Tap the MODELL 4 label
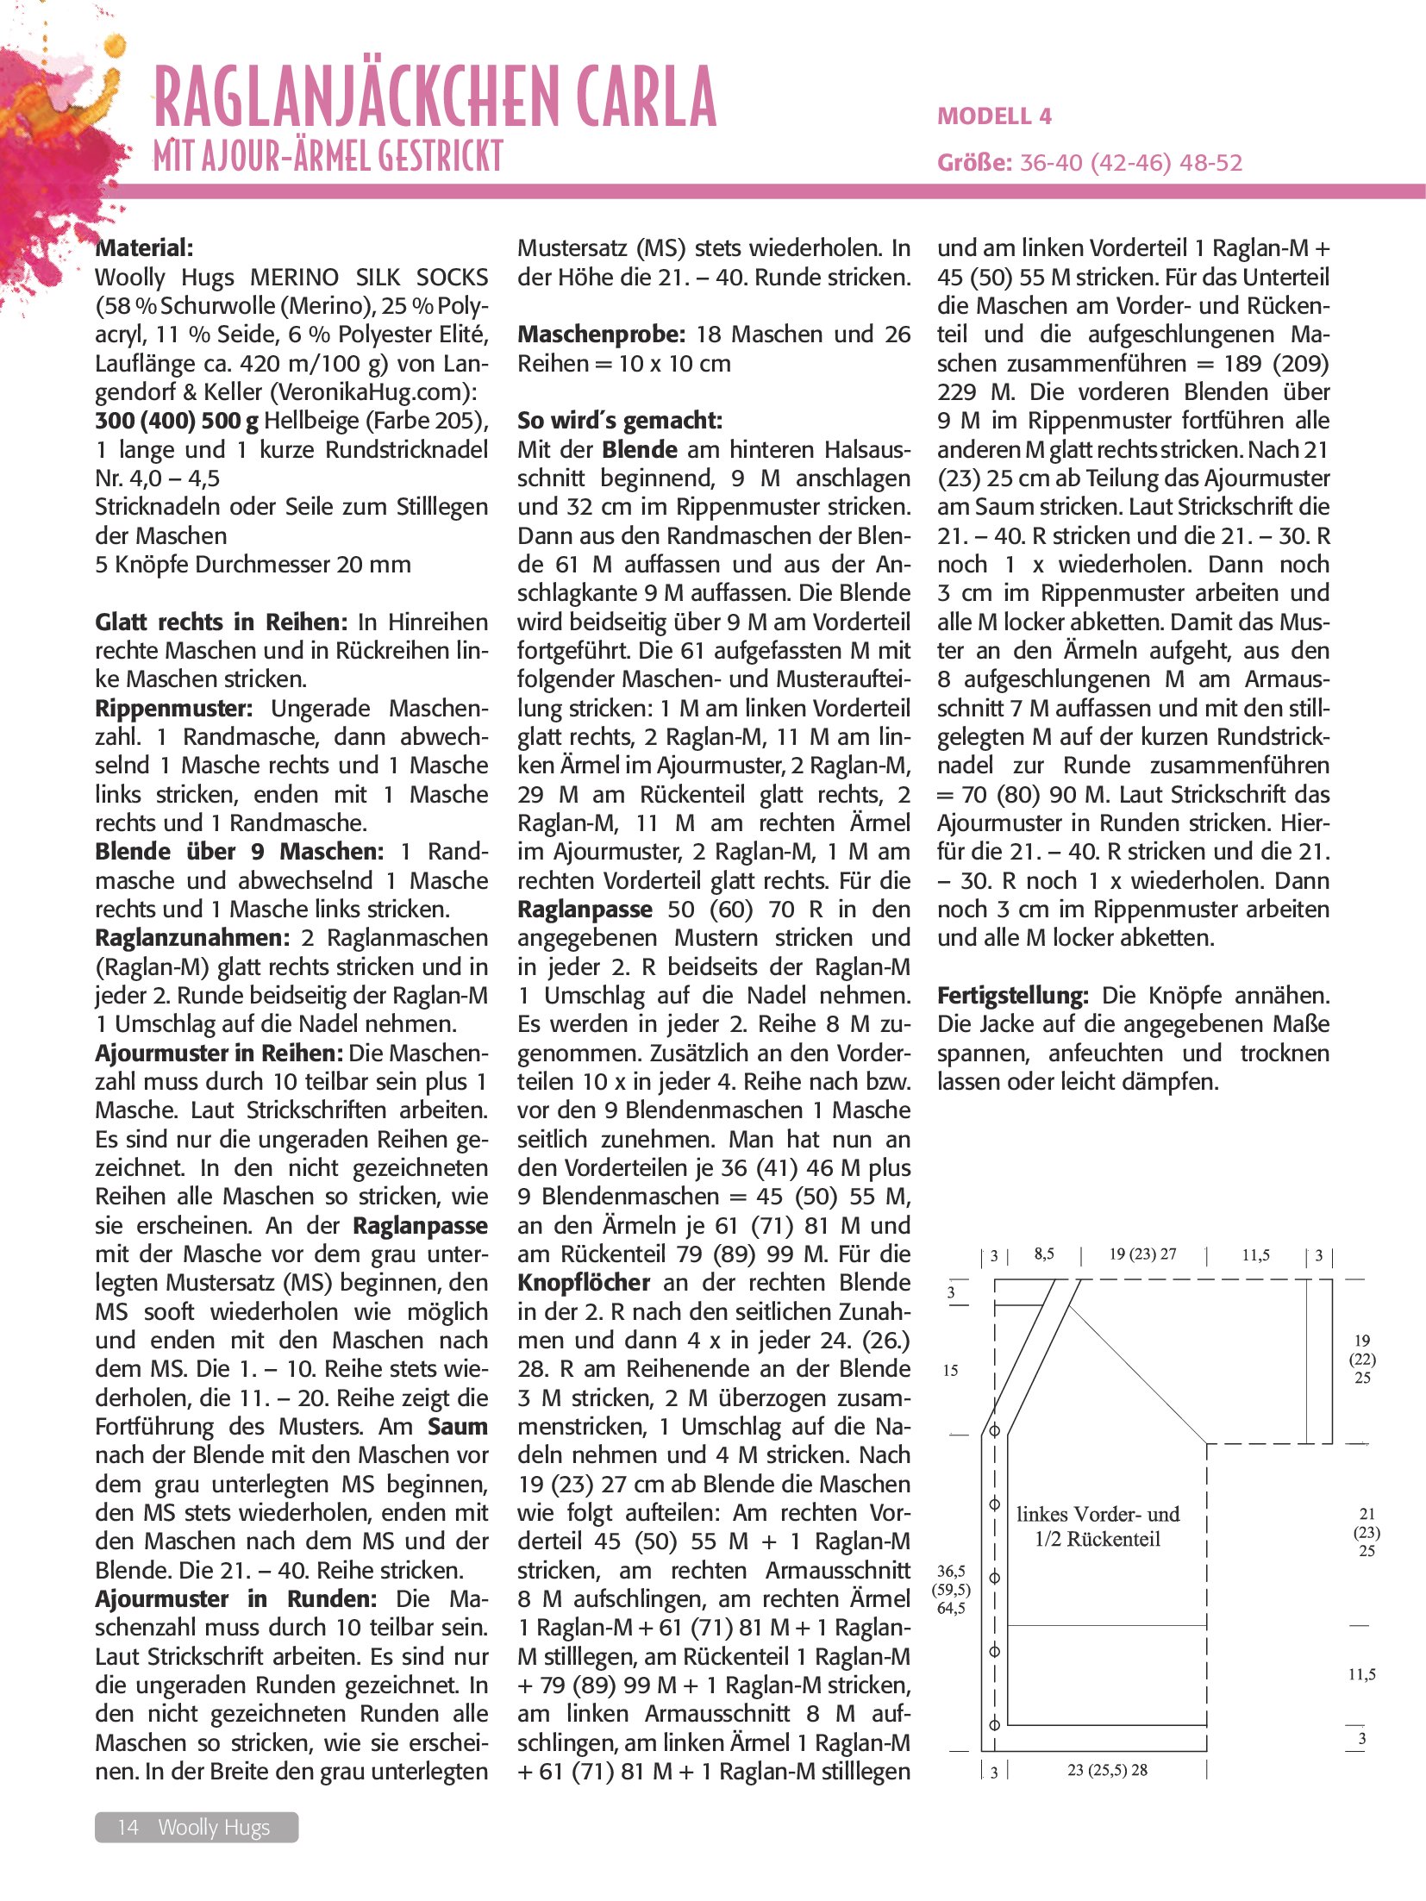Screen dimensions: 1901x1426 point(994,116)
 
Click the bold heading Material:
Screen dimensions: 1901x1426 point(144,248)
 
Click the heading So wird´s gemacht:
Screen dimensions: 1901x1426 point(619,421)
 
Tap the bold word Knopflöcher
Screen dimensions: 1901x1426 point(584,1283)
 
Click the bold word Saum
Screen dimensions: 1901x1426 point(457,1427)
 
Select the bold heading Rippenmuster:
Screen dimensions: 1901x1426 point(173,709)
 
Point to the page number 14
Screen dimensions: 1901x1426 point(128,1827)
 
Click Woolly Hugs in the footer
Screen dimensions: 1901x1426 point(214,1827)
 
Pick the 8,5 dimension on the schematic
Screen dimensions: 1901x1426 point(1044,1254)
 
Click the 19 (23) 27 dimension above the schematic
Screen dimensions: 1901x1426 point(1142,1254)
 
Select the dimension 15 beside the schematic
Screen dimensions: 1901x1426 point(950,1370)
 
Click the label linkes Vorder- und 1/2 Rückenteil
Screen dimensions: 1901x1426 point(1098,1526)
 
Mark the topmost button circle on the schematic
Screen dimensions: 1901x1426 point(994,1430)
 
